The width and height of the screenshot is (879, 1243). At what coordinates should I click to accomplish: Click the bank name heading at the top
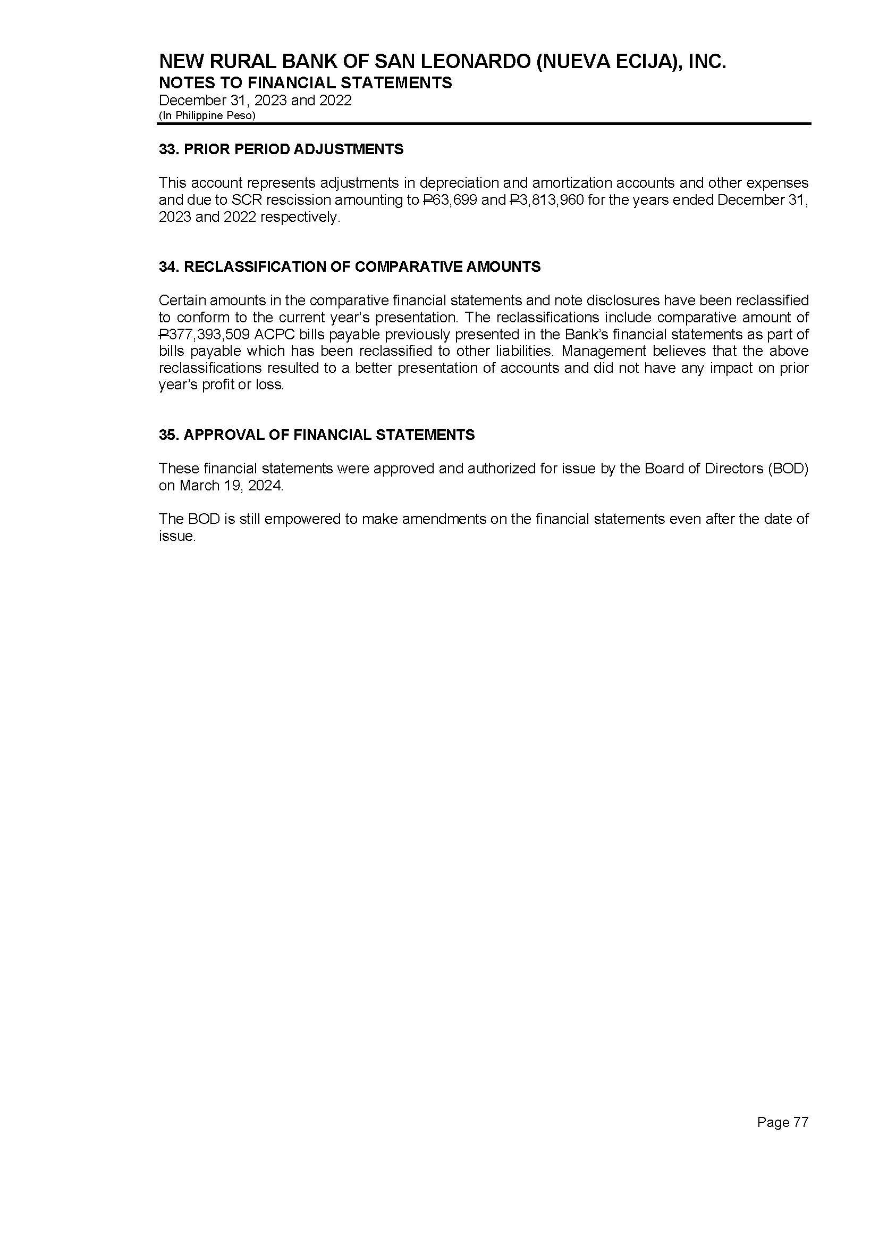tap(442, 62)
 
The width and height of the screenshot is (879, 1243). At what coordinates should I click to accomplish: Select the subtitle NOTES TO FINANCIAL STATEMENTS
tap(305, 83)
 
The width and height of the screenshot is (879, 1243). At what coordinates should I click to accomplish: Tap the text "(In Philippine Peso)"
tap(207, 115)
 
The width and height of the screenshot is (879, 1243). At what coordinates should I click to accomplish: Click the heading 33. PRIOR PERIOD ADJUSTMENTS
tap(281, 149)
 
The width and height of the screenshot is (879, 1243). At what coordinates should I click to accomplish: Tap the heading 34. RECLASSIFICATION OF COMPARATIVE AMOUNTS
tap(350, 267)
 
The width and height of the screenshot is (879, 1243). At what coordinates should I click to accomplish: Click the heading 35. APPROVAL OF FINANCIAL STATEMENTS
tap(317, 435)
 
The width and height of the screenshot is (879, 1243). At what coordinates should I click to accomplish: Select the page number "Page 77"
tap(782, 1123)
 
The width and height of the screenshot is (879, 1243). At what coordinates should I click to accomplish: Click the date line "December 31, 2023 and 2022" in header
tap(255, 101)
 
